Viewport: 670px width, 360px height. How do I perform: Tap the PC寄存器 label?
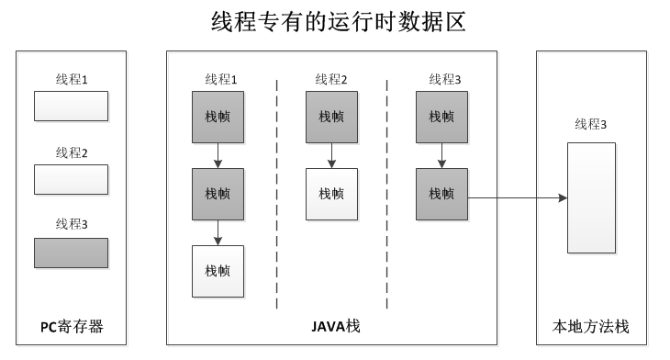point(72,326)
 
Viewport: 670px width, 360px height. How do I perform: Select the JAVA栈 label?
point(331,326)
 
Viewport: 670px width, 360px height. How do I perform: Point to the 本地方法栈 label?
point(591,326)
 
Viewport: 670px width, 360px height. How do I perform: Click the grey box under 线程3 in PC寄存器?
point(71,253)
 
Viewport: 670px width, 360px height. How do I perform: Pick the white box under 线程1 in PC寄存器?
point(71,106)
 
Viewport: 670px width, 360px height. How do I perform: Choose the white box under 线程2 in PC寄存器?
point(71,179)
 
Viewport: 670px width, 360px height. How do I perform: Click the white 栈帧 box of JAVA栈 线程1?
point(218,271)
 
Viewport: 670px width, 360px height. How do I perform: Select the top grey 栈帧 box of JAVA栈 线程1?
point(218,117)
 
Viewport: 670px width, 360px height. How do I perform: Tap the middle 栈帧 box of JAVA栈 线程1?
point(218,194)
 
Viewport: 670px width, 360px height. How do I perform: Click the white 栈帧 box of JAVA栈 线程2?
point(331,194)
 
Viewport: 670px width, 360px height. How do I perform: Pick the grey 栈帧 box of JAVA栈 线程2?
point(331,117)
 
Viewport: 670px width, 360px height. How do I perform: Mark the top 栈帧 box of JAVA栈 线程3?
point(441,117)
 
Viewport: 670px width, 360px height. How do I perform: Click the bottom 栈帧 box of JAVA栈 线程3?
point(441,194)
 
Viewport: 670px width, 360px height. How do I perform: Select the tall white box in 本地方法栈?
point(591,197)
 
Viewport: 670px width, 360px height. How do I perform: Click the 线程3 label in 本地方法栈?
point(591,124)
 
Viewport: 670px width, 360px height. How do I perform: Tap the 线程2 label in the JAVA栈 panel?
point(331,80)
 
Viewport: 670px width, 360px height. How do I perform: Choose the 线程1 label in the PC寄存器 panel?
point(72,80)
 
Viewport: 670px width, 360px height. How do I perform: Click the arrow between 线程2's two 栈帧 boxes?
point(331,155)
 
